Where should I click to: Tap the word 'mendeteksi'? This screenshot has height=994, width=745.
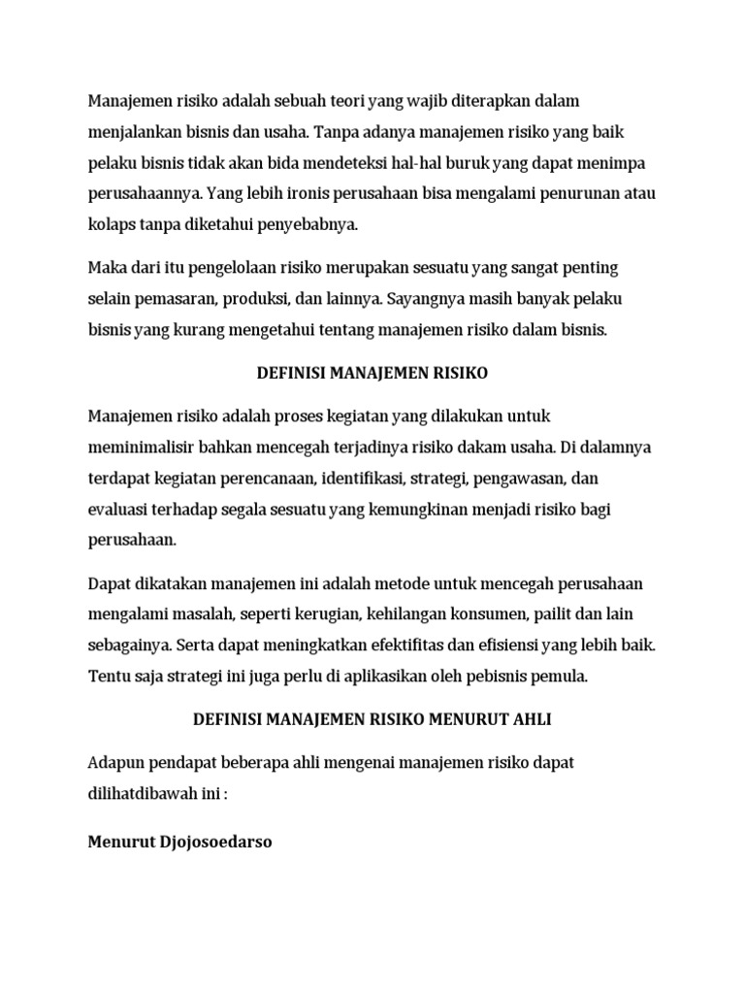366,162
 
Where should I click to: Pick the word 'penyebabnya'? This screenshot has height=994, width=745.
311,224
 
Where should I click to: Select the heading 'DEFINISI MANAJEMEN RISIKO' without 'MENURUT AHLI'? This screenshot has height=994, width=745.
372,373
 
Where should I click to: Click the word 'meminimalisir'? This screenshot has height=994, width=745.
141,447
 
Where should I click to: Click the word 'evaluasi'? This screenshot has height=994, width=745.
116,510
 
